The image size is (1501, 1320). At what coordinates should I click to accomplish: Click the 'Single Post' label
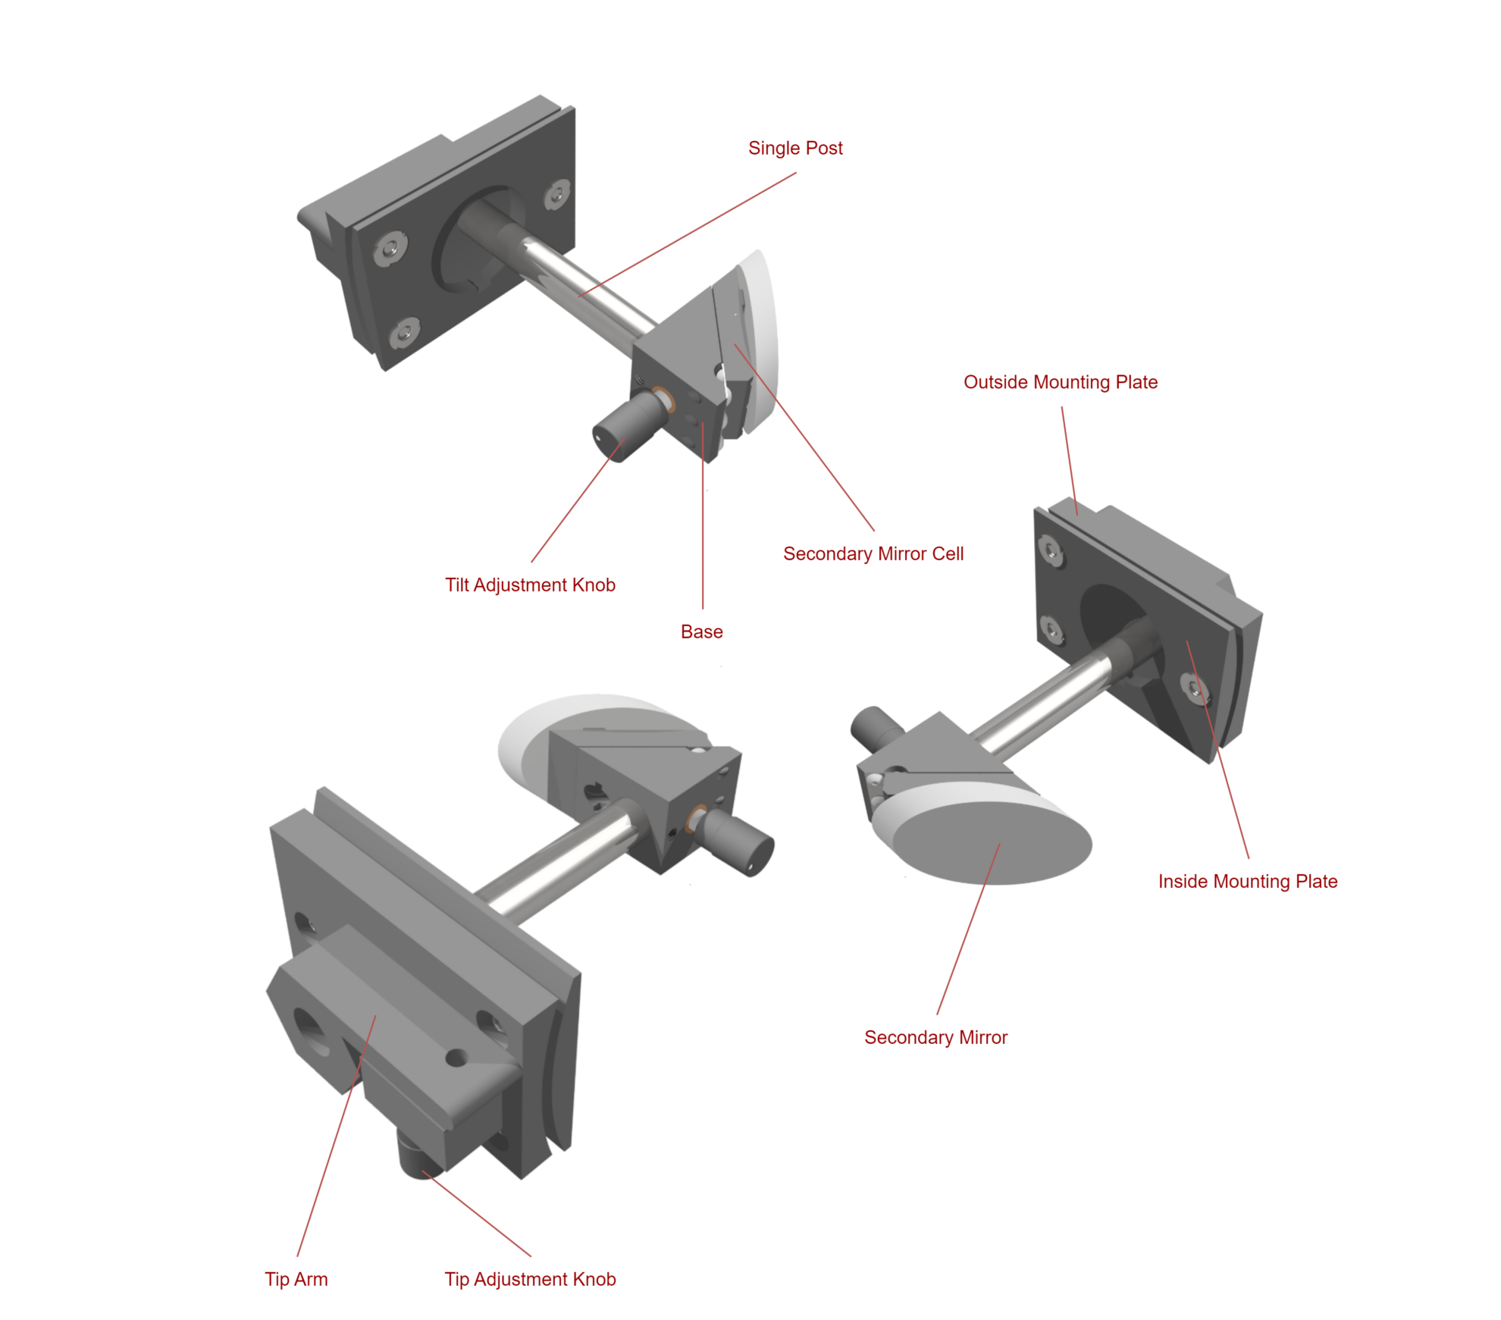click(x=795, y=148)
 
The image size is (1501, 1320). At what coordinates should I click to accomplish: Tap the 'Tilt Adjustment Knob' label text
click(x=530, y=585)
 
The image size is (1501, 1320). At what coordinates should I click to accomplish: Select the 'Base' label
click(x=701, y=631)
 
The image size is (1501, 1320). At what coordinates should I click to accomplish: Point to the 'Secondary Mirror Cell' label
click(x=873, y=553)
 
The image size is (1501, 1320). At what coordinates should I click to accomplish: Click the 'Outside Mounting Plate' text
click(x=1060, y=382)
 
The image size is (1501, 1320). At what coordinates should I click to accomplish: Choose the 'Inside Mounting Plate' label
click(x=1247, y=881)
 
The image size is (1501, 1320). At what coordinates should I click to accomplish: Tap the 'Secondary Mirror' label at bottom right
click(x=935, y=1037)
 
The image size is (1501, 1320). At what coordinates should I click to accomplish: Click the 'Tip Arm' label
click(x=296, y=1279)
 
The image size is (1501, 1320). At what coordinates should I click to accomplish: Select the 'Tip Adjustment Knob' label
click(x=530, y=1279)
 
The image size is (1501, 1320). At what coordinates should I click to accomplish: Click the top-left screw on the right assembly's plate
click(x=1049, y=550)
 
